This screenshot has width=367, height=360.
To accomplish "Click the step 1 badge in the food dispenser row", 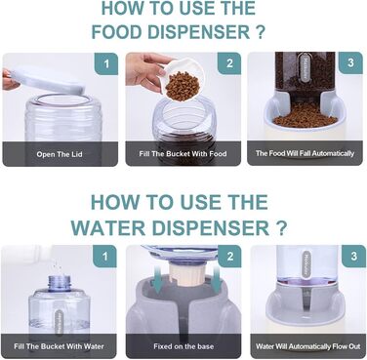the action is coord(106,63).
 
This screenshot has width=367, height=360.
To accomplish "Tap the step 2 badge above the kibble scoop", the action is coord(229,63).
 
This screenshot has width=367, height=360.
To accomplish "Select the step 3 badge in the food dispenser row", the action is coord(350,62).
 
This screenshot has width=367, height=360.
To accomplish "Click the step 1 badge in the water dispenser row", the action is coord(104,257).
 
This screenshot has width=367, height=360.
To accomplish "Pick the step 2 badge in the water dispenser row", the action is coord(229,257).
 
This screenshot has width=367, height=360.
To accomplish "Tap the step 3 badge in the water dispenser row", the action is coord(354,256).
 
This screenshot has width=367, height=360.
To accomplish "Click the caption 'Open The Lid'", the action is coord(60,154).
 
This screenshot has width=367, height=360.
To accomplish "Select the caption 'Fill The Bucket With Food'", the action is coord(183,153).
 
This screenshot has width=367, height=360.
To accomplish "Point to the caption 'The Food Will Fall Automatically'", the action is coord(305,153).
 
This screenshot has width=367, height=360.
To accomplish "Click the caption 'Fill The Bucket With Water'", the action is coord(59,346).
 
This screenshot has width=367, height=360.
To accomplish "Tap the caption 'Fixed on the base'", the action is coord(183,346).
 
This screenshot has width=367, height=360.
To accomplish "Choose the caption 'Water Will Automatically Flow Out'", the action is coord(307,346).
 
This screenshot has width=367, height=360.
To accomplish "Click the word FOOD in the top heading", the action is coord(117,32).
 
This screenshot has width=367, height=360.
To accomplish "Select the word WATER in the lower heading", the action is coord(108,227).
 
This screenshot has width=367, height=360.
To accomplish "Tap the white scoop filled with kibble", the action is coord(182,81).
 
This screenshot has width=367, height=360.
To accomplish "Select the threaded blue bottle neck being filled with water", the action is coord(60,283).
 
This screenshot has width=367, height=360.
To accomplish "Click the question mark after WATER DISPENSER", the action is coord(281,227).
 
